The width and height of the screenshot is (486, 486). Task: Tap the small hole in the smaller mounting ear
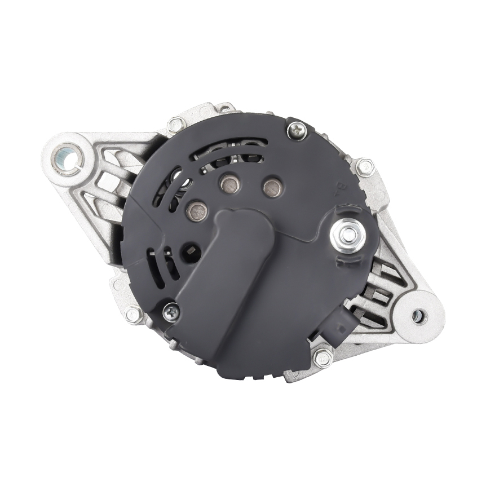pos(418,316)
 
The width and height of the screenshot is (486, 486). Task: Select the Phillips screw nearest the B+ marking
pos(297,131)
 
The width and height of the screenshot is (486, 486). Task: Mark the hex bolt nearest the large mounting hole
pos(176,123)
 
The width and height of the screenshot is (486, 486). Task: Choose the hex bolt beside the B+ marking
pos(365,167)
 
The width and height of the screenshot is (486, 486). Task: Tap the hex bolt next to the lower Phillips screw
pos(133,314)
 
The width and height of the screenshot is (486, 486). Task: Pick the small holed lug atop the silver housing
pos(224,107)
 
